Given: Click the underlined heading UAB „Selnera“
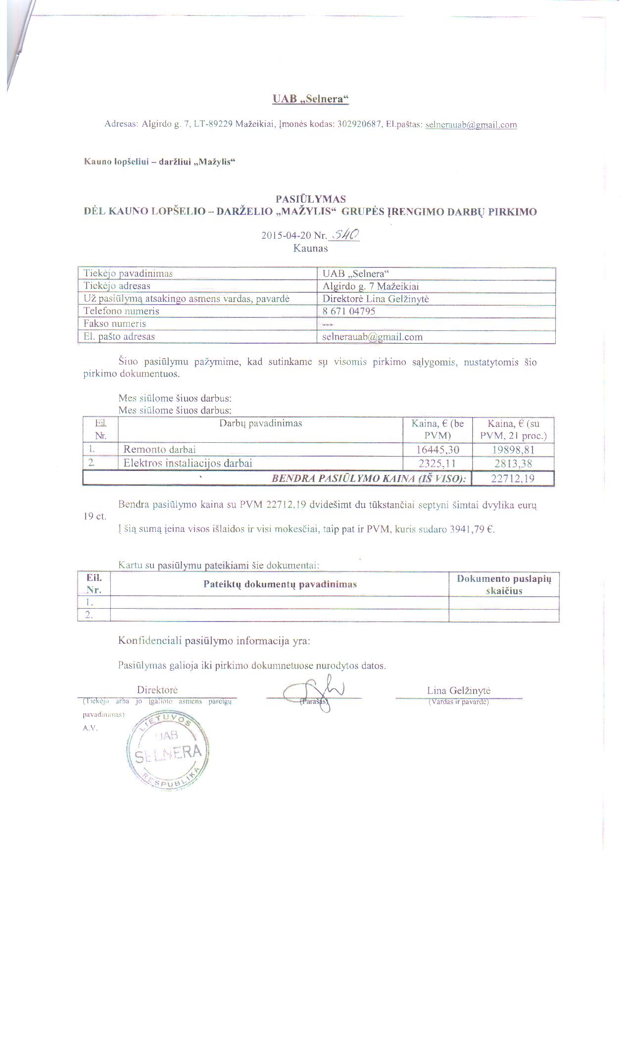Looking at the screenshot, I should pos(310,99).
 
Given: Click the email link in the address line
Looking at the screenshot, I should pos(471,125).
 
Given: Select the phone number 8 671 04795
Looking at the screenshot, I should pos(349,311).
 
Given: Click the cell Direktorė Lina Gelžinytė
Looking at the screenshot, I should pos(376,299).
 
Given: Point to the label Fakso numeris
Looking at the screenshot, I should pos(115,323).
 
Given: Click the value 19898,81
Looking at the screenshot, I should pos(514,450).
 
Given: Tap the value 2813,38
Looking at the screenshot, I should pos(514,463).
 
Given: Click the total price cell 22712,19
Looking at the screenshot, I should pos(513,478).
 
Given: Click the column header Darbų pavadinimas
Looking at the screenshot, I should pos(261,423).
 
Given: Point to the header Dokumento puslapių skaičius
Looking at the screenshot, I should pos(503,584).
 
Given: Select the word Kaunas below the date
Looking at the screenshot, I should pos(310,248).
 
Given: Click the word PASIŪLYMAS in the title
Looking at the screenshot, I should pos(310,199).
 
